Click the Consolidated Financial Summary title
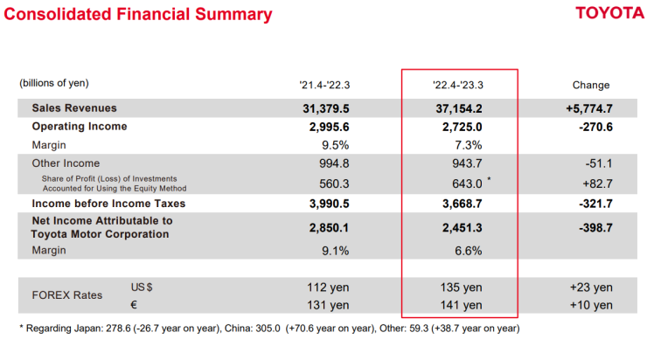137,15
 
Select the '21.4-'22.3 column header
324,86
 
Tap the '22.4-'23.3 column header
458,86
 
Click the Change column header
591,86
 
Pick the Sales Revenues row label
74,108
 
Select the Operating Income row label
80,127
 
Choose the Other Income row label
66,163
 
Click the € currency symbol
135,304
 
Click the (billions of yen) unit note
54,83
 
